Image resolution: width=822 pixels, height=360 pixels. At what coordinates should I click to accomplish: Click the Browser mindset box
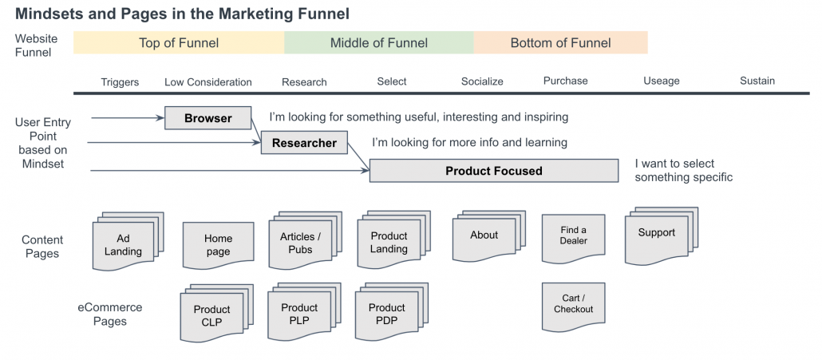pos(207,118)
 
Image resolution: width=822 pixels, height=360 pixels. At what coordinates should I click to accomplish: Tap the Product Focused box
pos(493,171)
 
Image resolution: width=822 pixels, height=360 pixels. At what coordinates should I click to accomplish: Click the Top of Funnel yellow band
pos(179,43)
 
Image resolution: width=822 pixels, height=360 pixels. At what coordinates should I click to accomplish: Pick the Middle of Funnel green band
pos(379,43)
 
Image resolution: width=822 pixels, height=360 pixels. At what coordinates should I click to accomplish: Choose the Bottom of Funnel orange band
pos(560,43)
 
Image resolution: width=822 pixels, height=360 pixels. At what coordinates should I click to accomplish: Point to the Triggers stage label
pos(120,81)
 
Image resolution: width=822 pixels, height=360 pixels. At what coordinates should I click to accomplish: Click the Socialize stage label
pos(482,81)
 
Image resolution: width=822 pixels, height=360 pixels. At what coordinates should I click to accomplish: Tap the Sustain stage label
pos(757,81)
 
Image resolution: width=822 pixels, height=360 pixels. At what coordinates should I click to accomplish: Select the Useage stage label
pos(661,81)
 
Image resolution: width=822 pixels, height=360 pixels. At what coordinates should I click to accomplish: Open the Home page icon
pos(218,244)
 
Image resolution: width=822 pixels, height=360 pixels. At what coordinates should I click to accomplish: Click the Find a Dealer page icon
pos(573,235)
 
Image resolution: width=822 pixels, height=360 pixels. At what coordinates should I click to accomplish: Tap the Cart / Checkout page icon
pos(573,304)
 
